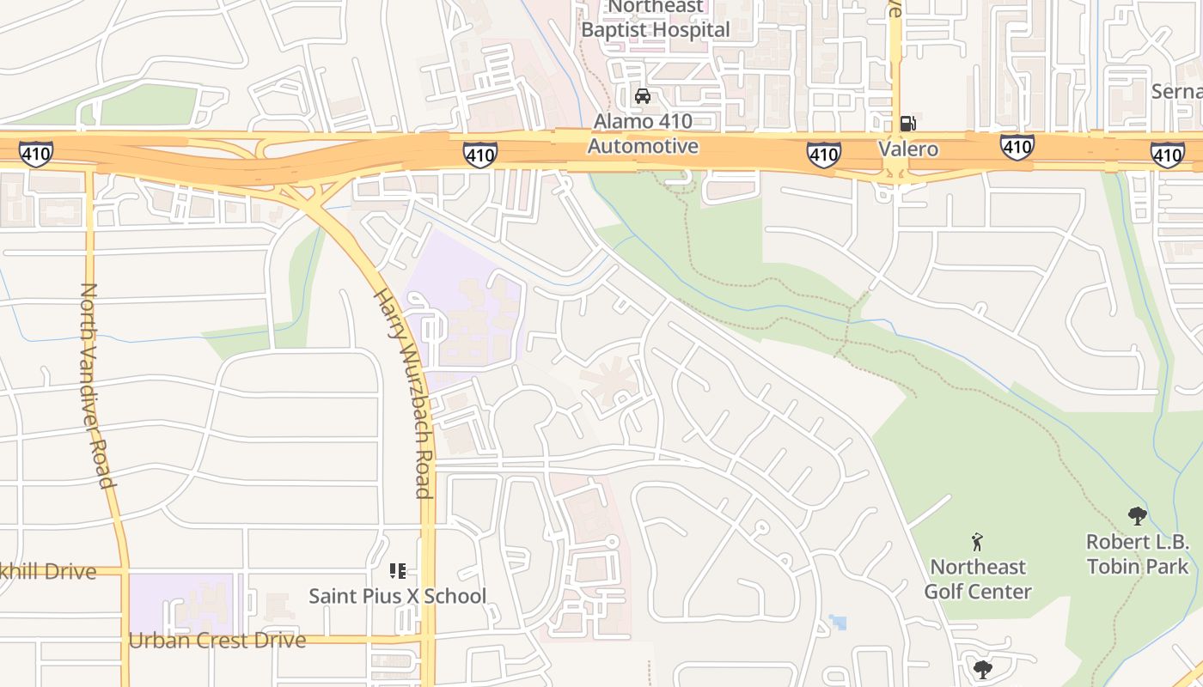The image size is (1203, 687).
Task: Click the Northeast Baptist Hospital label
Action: tap(655, 19)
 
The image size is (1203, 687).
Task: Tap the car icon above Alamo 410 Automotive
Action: tap(642, 96)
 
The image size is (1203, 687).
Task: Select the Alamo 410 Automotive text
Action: tap(643, 134)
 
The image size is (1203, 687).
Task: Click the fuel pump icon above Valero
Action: tap(908, 124)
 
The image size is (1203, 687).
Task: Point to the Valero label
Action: tap(908, 149)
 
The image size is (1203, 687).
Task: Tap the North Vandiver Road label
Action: tap(97, 385)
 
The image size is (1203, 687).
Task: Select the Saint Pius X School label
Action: tap(397, 596)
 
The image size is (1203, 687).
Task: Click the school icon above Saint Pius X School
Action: tap(397, 570)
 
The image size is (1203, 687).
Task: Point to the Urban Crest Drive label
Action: tap(217, 641)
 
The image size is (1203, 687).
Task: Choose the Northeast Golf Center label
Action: tap(977, 579)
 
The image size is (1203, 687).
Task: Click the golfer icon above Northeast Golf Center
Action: tap(976, 542)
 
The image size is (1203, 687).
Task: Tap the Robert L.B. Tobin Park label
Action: tap(1138, 554)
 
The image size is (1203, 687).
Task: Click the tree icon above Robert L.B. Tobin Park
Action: tap(1138, 516)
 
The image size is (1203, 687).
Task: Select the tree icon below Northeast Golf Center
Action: tap(982, 669)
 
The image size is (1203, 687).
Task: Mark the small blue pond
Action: tap(838, 622)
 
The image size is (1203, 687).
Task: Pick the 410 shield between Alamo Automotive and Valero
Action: tap(823, 155)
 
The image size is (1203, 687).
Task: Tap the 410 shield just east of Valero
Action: tap(1017, 148)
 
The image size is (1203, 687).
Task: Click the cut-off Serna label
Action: tap(1179, 91)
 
